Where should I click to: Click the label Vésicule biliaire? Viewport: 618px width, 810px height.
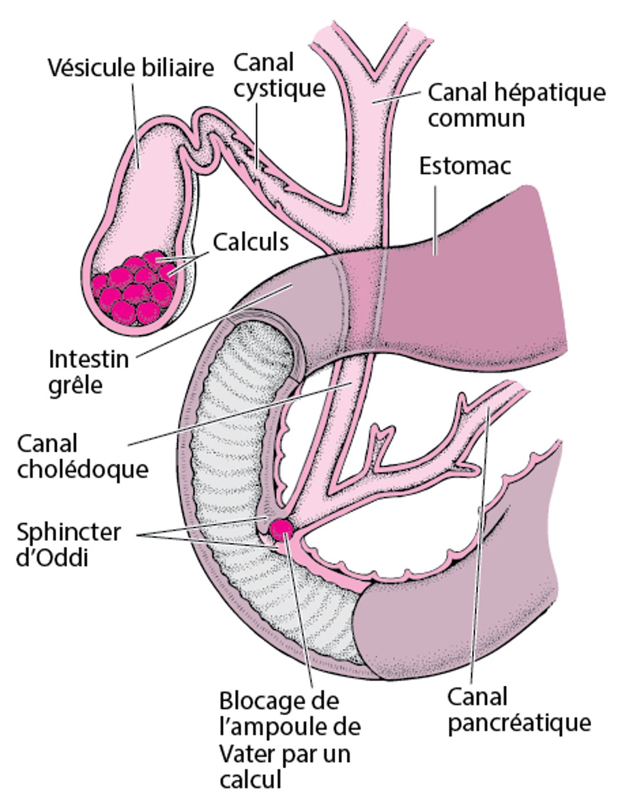coord(130,68)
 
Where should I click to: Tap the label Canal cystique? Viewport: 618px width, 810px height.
coord(279,75)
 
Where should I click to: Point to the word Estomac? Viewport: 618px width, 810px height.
coord(465,166)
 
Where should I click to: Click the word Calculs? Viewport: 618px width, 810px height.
coord(250,242)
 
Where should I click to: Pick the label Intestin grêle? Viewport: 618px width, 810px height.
coord(89,372)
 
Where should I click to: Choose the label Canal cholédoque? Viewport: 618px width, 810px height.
coord(82,456)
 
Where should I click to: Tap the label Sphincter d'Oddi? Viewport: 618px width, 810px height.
coord(68,544)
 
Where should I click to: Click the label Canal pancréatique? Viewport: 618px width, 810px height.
coord(518,710)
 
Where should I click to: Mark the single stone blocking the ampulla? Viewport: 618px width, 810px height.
coord(282,530)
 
